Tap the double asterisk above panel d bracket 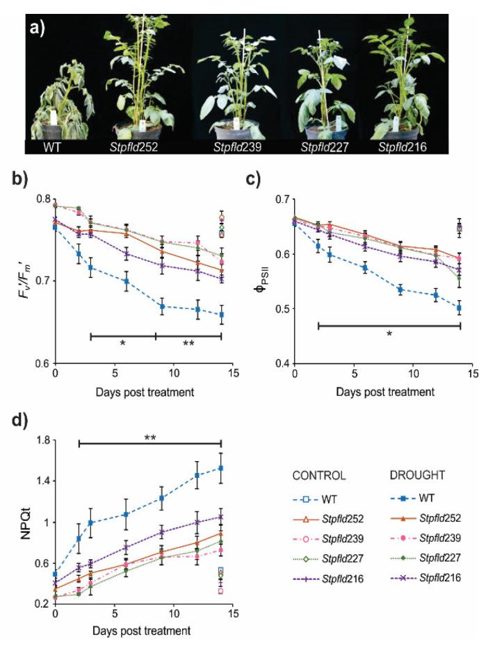149,439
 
